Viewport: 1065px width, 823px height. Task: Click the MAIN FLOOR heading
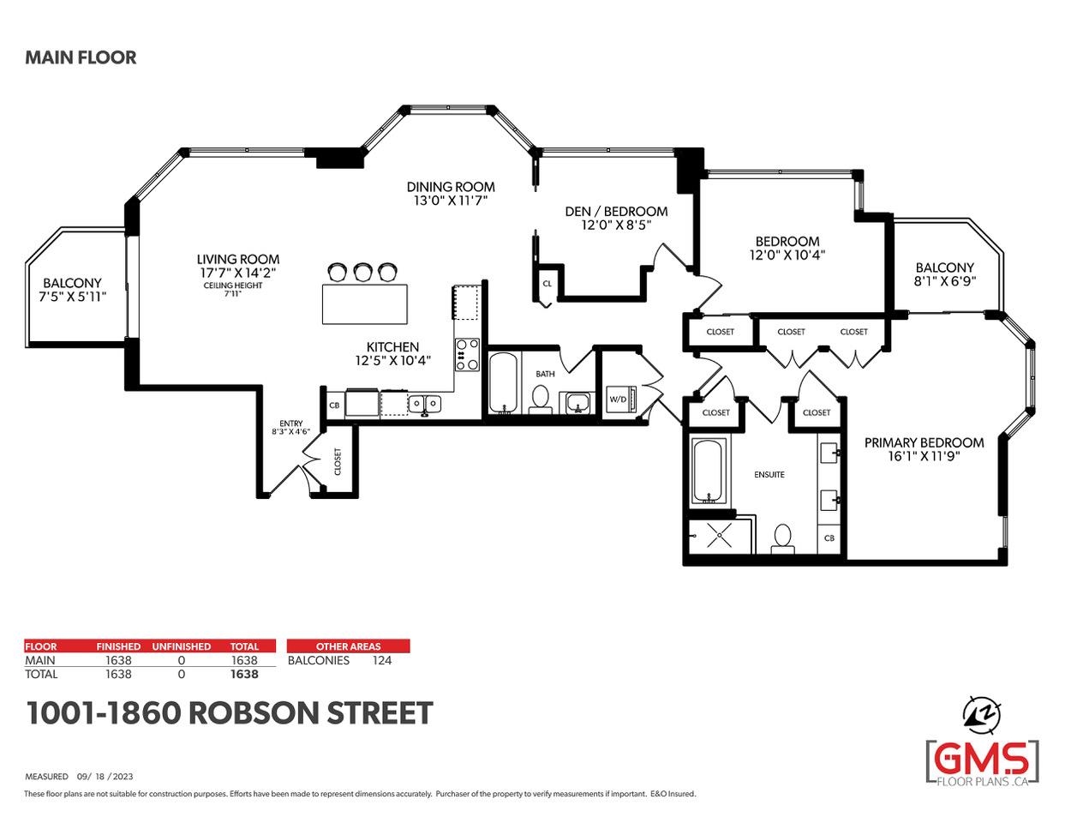[81, 57]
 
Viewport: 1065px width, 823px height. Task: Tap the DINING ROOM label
[451, 187]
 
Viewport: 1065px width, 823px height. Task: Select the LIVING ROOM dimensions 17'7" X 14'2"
[237, 273]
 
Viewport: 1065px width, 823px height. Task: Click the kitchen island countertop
[365, 303]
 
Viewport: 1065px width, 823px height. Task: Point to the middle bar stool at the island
[362, 272]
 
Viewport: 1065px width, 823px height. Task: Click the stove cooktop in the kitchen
[467, 354]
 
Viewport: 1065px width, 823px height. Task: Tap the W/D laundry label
[618, 399]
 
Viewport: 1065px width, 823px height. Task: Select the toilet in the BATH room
[540, 399]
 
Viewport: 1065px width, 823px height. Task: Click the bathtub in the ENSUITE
[709, 472]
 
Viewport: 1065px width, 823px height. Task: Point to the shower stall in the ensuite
[720, 536]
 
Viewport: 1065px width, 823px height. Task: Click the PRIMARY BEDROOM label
[924, 442]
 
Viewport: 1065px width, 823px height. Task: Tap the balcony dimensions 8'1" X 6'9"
[944, 281]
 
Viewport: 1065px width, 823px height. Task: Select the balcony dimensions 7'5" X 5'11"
[72, 297]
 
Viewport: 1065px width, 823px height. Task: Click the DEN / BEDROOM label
[616, 211]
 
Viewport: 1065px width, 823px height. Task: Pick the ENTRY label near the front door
[291, 424]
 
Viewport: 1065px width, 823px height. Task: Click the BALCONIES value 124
[382, 660]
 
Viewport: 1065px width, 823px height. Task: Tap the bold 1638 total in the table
[244, 674]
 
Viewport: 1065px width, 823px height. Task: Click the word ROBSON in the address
[254, 713]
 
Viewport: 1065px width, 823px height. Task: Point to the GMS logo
[983, 764]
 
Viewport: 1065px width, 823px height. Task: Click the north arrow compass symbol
[982, 715]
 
